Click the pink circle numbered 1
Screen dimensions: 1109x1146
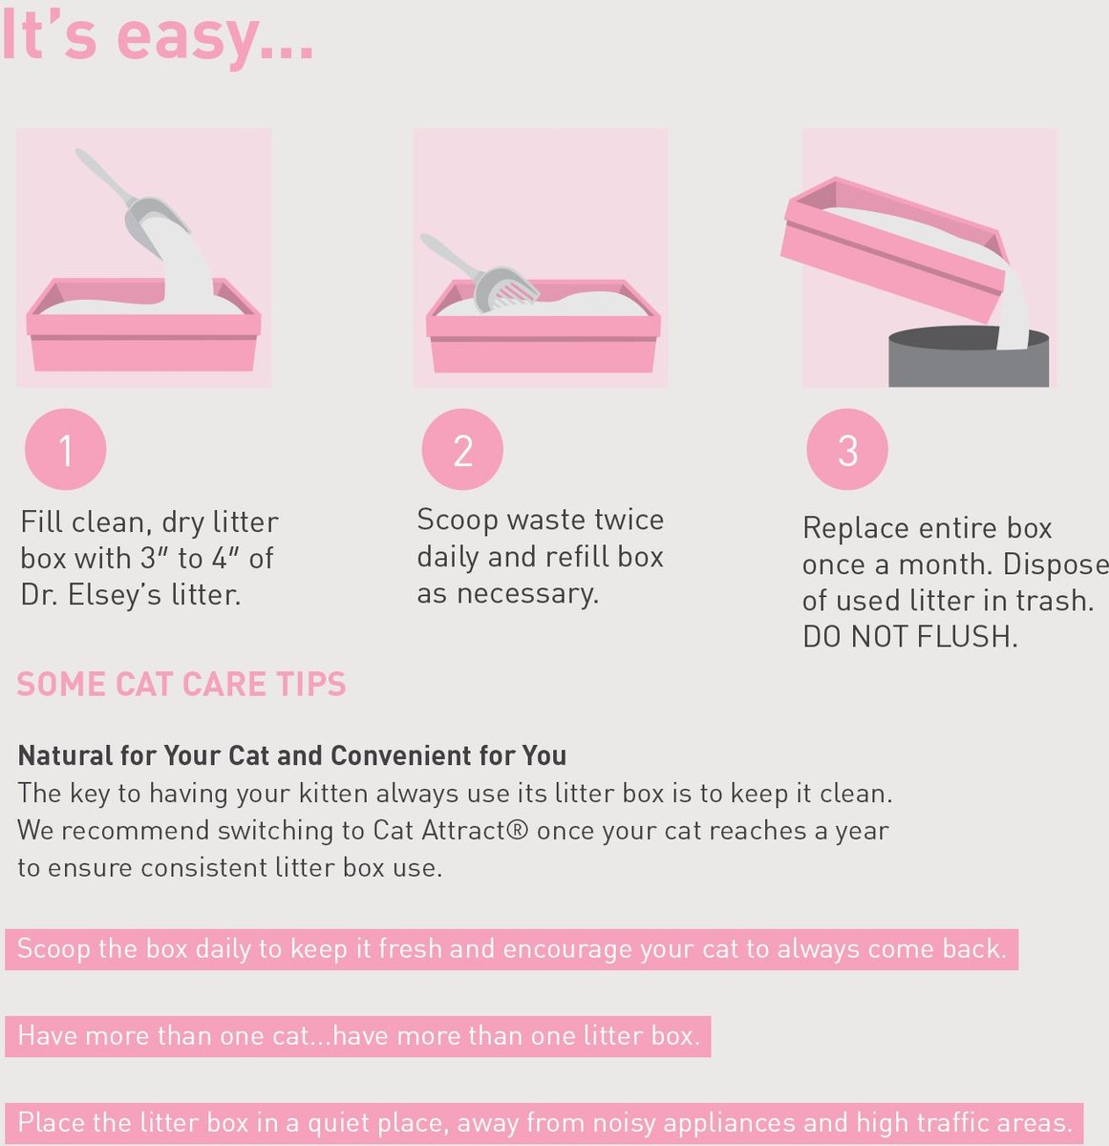point(65,450)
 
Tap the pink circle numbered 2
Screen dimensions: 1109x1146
point(462,450)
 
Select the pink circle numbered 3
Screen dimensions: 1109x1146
point(847,450)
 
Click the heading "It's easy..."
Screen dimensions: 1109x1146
point(158,38)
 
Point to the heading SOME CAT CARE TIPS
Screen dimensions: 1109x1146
point(181,685)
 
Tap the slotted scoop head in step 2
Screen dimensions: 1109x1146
point(506,289)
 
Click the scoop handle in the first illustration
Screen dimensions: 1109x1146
point(105,176)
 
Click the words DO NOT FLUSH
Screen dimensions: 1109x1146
point(910,637)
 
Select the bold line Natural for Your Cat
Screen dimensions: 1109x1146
point(292,755)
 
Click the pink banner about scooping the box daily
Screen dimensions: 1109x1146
point(511,948)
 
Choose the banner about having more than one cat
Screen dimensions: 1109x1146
point(358,1036)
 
